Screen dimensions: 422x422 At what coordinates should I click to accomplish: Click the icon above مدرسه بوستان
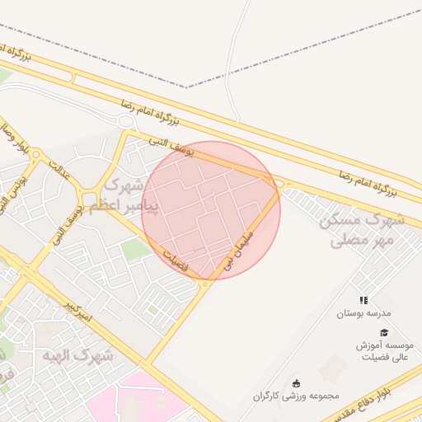click(x=363, y=300)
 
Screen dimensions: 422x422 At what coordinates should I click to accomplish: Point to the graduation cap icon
click(x=384, y=331)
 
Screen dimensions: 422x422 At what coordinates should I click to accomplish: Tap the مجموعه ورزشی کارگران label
click(x=297, y=396)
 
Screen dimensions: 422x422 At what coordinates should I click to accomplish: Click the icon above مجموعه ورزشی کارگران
click(x=297, y=382)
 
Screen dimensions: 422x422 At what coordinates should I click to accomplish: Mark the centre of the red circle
click(x=211, y=211)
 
